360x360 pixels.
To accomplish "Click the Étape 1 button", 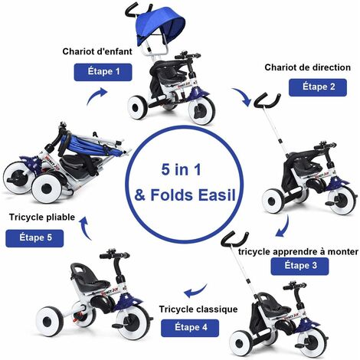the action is [103, 72].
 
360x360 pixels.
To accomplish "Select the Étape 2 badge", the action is [318, 87].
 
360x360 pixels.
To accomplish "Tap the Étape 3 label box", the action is [299, 267].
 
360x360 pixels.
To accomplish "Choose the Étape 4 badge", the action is [190, 328].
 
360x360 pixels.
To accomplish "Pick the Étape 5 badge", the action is [34, 238].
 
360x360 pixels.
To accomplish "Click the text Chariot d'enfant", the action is [97, 51].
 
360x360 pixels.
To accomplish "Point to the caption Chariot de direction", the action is [307, 67].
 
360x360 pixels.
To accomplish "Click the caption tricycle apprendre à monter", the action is [298, 252].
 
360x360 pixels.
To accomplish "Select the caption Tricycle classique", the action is [198, 309].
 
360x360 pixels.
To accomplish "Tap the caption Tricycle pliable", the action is [42, 218].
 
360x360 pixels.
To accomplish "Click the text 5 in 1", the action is [181, 169].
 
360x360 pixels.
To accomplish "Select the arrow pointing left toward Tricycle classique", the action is [195, 292].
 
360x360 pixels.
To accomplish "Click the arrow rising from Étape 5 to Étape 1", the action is [95, 95].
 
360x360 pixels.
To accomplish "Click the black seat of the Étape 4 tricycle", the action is [93, 277].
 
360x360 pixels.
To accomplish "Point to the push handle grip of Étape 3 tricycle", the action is [234, 239].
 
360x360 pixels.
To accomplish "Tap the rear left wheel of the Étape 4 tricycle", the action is [50, 322].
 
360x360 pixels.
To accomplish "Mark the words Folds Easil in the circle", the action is [193, 195].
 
